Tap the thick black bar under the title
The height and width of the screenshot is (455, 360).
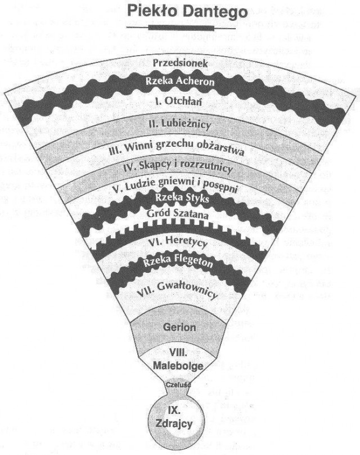pos(179,26)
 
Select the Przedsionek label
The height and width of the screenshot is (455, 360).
pos(181,63)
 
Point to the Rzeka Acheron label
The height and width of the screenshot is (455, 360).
pos(180,82)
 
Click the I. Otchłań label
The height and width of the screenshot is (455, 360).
pos(180,102)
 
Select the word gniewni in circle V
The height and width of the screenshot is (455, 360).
pos(185,187)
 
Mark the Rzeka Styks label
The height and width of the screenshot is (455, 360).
pos(180,200)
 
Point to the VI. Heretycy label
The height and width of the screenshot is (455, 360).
pos(180,244)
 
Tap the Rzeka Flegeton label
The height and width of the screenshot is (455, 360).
pos(180,262)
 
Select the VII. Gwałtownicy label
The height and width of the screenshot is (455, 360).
pos(180,291)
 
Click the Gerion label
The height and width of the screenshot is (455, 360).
pos(179,326)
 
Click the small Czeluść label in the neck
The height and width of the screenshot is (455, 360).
pos(179,384)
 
